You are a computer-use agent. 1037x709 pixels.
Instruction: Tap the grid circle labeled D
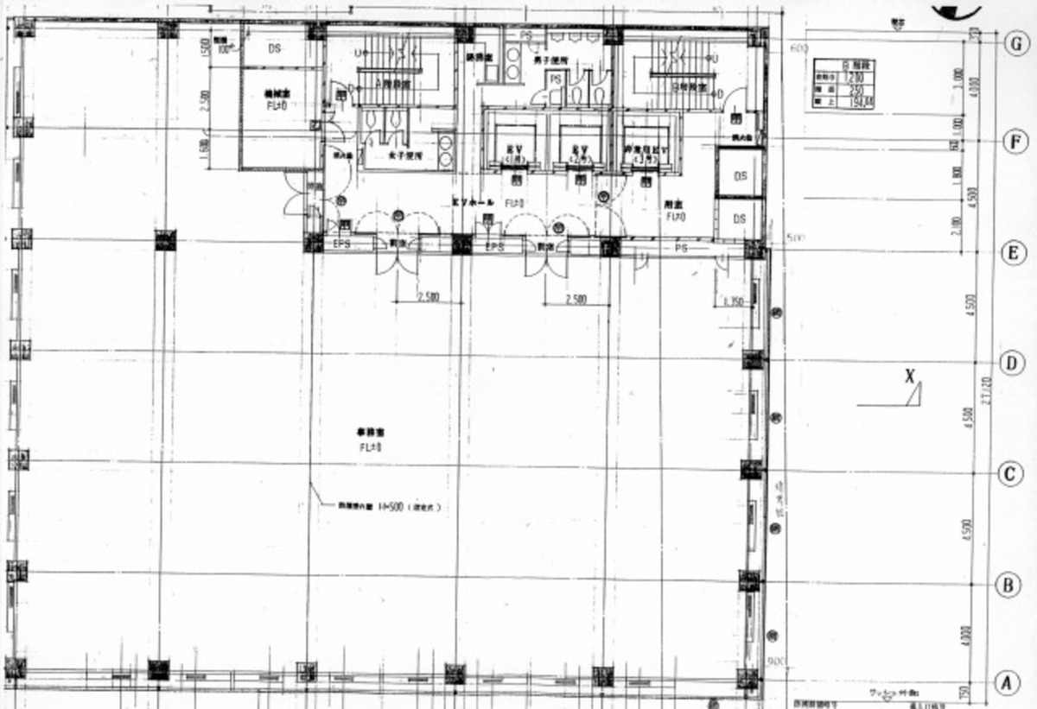tap(1013, 363)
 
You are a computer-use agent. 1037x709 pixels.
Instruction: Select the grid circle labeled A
tap(1003, 683)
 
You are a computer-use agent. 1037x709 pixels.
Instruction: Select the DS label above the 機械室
tap(274, 49)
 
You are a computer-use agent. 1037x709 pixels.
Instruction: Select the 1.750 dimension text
tap(733, 301)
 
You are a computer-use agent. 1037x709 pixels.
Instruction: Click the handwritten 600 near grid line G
tap(798, 48)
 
